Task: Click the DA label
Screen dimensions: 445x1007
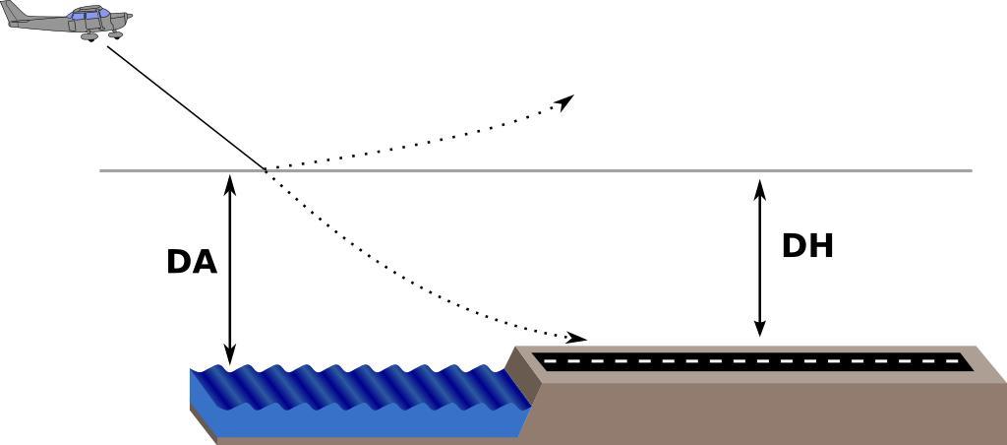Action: tap(192, 262)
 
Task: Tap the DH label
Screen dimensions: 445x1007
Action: tap(807, 246)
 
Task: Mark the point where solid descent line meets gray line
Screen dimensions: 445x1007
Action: tap(266, 170)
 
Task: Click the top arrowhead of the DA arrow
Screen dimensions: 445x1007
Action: tap(230, 181)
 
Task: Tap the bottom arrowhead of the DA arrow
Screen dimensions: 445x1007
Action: tap(230, 357)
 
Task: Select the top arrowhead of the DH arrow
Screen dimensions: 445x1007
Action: tap(759, 185)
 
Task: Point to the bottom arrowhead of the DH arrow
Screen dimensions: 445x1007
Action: tap(759, 330)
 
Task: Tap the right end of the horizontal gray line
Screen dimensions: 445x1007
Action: tap(970, 170)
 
